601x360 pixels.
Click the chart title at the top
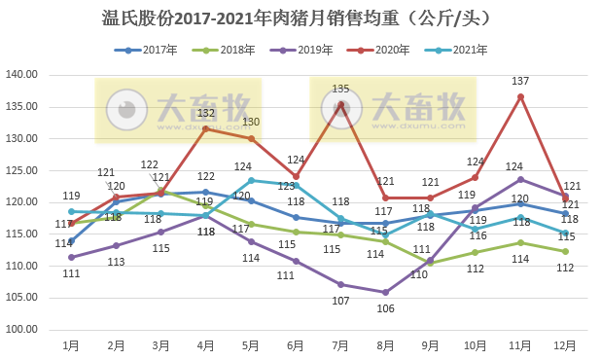pyautogui.click(x=301, y=18)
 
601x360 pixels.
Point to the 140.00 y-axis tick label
pyautogui.click(x=21, y=75)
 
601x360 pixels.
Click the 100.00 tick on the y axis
pyautogui.click(x=21, y=330)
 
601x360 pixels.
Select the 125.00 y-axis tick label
pyautogui.click(x=21, y=170)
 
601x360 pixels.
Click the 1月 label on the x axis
pyautogui.click(x=71, y=345)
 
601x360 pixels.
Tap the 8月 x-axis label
pyautogui.click(x=386, y=345)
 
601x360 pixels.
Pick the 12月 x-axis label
pyautogui.click(x=565, y=345)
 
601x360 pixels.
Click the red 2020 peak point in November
pyautogui.click(x=520, y=96)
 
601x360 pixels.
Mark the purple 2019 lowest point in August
pyautogui.click(x=386, y=292)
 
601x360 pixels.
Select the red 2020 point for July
pyautogui.click(x=340, y=105)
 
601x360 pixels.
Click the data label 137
pyautogui.click(x=520, y=81)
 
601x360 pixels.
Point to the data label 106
pyautogui.click(x=386, y=308)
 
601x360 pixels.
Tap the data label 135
pyautogui.click(x=340, y=90)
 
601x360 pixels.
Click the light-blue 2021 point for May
pyautogui.click(x=251, y=180)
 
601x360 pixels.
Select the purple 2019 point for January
pyautogui.click(x=71, y=258)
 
